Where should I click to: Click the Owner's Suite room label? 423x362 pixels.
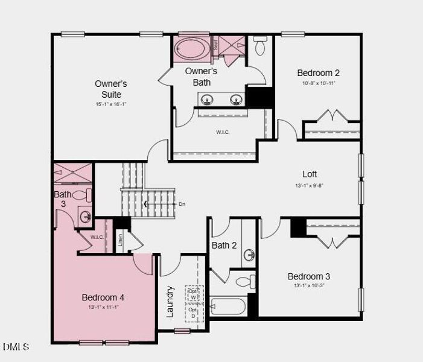tap(111, 89)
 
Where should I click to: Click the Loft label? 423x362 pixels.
tap(310, 174)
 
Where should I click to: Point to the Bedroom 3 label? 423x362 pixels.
tap(308, 276)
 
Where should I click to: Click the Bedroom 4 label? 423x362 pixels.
tap(103, 297)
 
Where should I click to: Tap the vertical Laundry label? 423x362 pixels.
tap(170, 301)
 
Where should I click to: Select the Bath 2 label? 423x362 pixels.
tap(224, 245)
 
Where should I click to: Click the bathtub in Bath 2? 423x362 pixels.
tap(227, 306)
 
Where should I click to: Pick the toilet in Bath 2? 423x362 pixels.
tap(245, 281)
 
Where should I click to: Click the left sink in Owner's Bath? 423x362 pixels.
tap(206, 99)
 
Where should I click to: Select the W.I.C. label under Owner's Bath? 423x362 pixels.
tap(223, 132)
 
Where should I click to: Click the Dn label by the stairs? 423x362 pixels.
tap(182, 204)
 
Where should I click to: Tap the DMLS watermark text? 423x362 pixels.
tap(16, 346)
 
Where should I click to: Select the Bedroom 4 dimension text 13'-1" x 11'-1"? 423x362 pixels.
tap(103, 307)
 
